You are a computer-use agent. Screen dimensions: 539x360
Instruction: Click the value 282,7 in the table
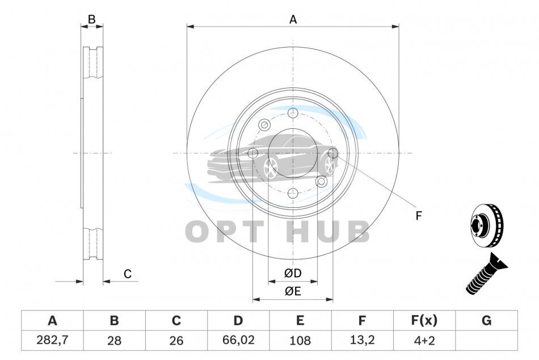click(52, 340)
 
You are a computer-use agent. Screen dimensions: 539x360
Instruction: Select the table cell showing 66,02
click(238, 340)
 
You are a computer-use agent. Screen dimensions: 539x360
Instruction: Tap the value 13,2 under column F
click(362, 340)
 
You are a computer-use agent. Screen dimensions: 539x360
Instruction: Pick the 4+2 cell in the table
click(424, 340)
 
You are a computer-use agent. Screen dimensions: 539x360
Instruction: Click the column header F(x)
click(424, 320)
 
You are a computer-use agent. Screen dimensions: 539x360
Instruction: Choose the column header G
click(486, 320)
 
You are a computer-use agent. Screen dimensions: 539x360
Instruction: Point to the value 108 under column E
click(300, 340)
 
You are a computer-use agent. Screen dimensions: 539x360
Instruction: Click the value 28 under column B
click(114, 340)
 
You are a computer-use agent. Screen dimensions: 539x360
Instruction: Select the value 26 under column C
click(176, 340)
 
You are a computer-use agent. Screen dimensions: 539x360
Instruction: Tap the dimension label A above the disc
click(293, 20)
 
